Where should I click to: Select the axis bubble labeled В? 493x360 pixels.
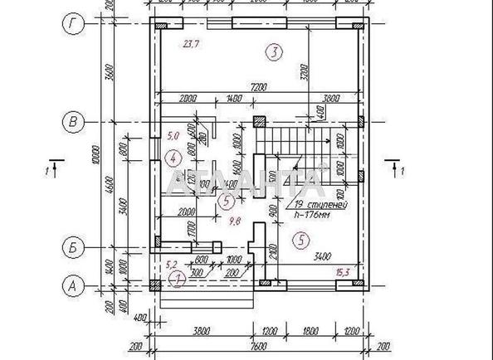[74, 122]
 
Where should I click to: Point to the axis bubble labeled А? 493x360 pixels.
[74, 285]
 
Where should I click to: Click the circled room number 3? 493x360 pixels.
[273, 53]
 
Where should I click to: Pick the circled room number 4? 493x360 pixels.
[173, 158]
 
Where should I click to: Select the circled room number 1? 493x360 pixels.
[177, 280]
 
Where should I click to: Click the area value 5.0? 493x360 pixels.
[173, 134]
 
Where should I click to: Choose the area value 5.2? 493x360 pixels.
[173, 265]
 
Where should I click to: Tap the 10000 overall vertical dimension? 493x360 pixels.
[97, 158]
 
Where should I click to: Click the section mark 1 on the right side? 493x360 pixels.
[395, 172]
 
